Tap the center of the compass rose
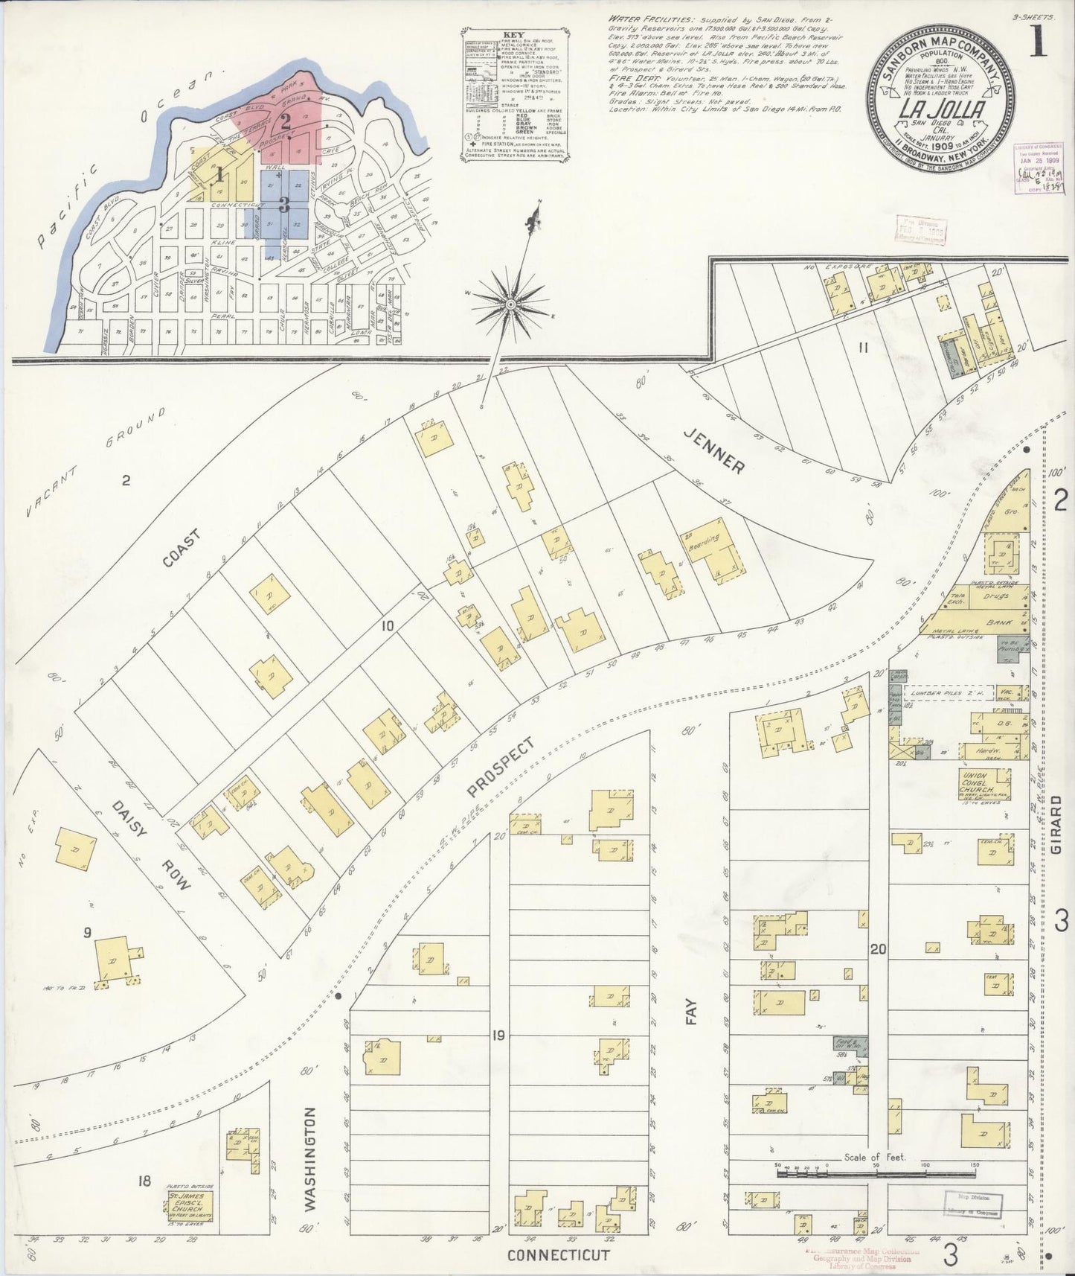[511, 304]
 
